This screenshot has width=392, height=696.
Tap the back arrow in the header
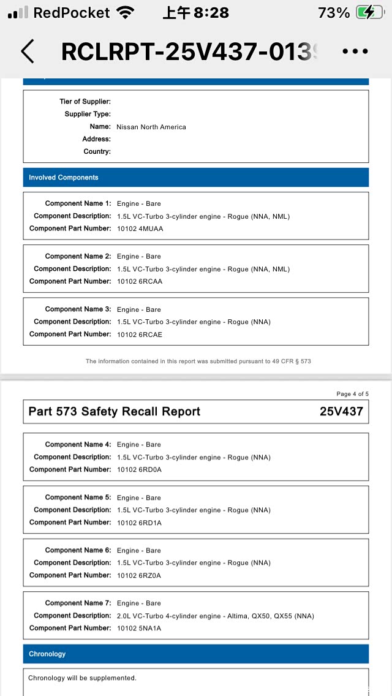pos(28,52)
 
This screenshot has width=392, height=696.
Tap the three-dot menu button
pos(355,52)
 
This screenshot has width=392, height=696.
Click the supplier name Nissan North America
pos(151,127)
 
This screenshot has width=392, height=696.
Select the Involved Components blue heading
pos(64,178)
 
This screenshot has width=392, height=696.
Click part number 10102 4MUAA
pos(140,229)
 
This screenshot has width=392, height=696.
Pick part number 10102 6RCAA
pos(140,282)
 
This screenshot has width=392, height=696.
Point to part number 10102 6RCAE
pos(140,335)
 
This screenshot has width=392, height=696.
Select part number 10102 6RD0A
pos(140,470)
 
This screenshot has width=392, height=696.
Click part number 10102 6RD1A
pos(140,523)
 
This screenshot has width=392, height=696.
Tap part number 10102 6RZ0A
pos(140,575)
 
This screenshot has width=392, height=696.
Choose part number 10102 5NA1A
pos(140,628)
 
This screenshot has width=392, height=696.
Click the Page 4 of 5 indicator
pos(352,394)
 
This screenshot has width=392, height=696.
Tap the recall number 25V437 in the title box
pos(341,412)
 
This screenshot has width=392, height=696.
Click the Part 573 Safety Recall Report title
pos(115,412)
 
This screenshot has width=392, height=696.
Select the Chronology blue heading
pos(47,654)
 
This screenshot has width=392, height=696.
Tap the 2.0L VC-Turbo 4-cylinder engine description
pos(215,616)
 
